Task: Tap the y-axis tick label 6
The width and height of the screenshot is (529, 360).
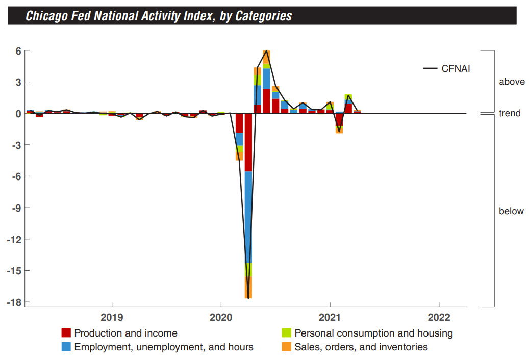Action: coord(17,51)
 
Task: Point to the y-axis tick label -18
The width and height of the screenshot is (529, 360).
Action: coord(13,302)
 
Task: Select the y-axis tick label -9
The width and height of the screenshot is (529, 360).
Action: coord(15,208)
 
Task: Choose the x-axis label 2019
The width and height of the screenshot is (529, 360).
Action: coord(111,317)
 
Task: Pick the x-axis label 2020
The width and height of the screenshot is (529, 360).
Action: coord(221,317)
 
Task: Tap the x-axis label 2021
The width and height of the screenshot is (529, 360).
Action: coord(330,317)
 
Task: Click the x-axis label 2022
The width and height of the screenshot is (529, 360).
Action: coord(439,317)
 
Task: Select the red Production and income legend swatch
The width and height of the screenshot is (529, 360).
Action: coord(66,333)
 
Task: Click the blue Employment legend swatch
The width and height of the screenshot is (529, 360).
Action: coord(66,347)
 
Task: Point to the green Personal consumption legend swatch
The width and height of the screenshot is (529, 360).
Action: coord(287,333)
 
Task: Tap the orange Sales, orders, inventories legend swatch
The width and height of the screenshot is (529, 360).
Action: coord(287,347)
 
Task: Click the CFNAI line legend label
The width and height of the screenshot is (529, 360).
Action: coord(456,68)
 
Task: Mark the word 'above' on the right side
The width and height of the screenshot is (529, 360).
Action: coord(512,82)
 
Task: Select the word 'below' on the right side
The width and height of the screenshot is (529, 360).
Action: coord(511,211)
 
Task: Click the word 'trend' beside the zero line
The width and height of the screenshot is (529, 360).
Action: coord(510,113)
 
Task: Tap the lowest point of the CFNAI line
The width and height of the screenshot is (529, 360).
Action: coord(248,298)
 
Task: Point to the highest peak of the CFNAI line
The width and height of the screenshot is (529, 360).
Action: coord(266,50)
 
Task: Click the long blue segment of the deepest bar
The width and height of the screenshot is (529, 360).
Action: coord(248,217)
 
